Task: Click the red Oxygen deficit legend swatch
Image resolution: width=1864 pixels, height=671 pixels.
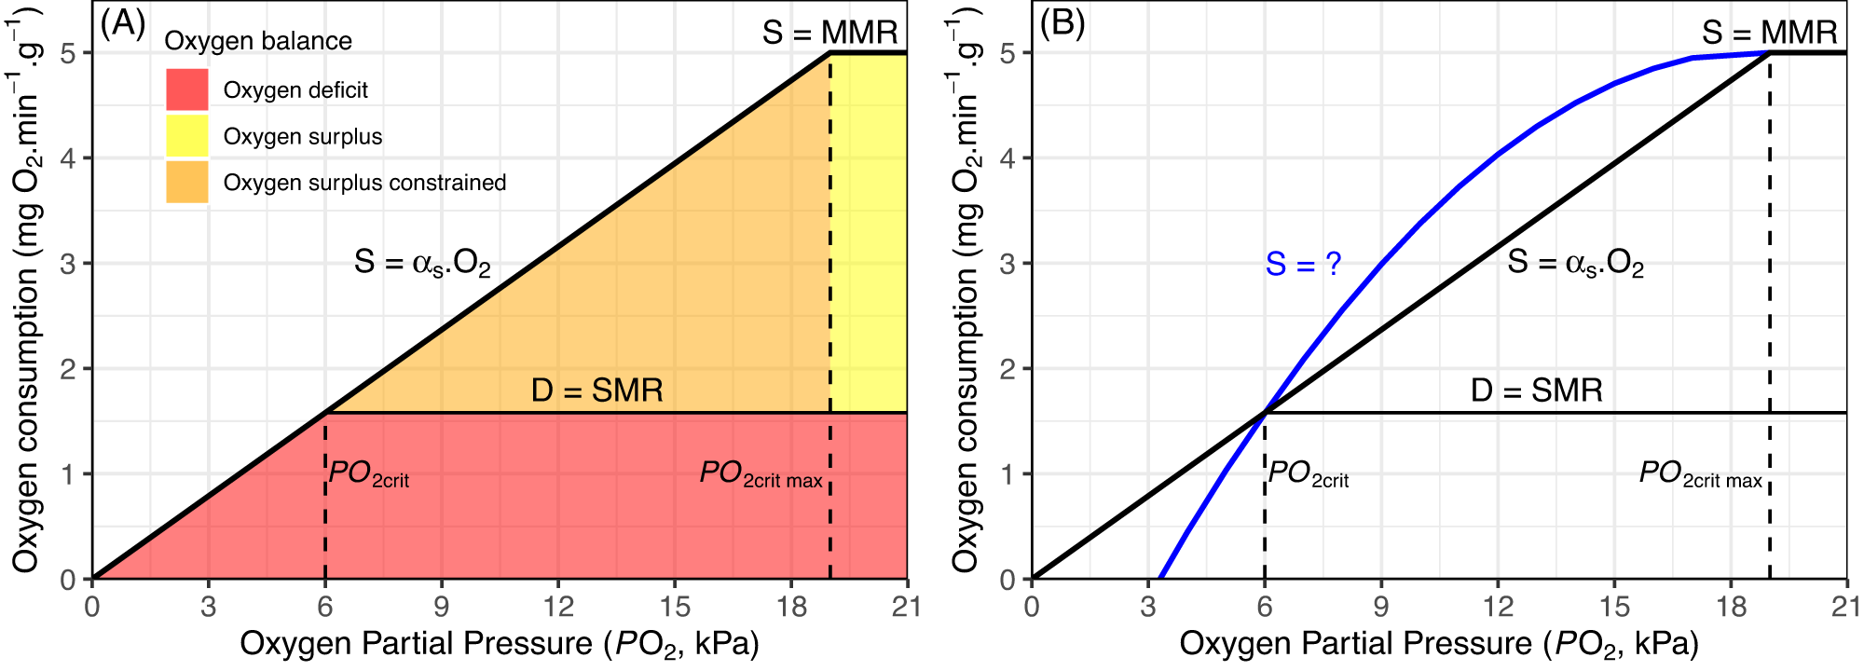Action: pyautogui.click(x=186, y=89)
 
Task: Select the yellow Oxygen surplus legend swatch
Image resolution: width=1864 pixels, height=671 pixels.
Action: pyautogui.click(x=186, y=136)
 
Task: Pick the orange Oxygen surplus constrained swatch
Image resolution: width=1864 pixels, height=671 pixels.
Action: pyautogui.click(x=186, y=183)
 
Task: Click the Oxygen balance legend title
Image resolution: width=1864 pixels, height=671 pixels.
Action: pyautogui.click(x=258, y=41)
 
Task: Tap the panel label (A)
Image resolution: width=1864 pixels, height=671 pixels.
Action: pyautogui.click(x=123, y=23)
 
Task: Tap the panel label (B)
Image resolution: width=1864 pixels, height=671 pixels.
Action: pyautogui.click(x=1062, y=23)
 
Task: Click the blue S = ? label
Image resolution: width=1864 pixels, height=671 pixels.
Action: pyautogui.click(x=1303, y=265)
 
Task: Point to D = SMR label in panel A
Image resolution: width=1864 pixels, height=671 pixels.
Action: pyautogui.click(x=596, y=390)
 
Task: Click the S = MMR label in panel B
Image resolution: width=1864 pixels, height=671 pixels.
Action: pyautogui.click(x=1769, y=33)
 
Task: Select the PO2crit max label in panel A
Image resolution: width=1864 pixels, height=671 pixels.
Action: pyautogui.click(x=761, y=474)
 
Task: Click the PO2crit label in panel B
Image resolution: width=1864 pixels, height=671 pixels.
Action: pyautogui.click(x=1308, y=474)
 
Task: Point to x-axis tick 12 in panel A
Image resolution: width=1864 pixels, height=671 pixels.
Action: pyautogui.click(x=558, y=608)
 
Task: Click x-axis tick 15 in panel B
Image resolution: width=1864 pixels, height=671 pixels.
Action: pyautogui.click(x=1614, y=608)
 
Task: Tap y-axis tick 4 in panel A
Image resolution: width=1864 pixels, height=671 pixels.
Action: pyautogui.click(x=68, y=158)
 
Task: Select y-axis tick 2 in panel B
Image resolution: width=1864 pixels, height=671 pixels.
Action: pyautogui.click(x=1007, y=369)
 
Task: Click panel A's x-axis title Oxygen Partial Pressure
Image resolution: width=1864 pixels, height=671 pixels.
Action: pyautogui.click(x=500, y=644)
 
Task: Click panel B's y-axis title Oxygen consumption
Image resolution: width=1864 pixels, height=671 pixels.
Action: pyautogui.click(x=966, y=289)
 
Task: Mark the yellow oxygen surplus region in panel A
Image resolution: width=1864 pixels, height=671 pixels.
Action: pyautogui.click(x=869, y=233)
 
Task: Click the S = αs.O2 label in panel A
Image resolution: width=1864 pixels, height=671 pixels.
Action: pyautogui.click(x=422, y=263)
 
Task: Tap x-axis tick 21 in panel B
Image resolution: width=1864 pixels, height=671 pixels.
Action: pyautogui.click(x=1846, y=608)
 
